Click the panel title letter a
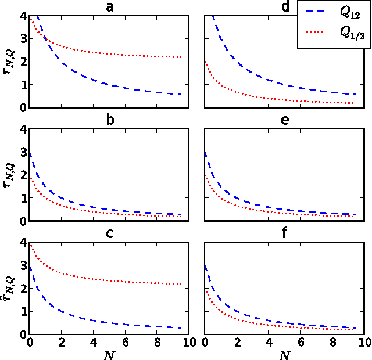pos(109,7)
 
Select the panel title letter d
pos(283,7)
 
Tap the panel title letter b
pos(109,121)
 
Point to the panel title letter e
pos(283,121)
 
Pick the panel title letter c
pos(109,235)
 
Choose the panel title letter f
pos(283,235)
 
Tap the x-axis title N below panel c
pos(109,353)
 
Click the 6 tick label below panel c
pos(125,343)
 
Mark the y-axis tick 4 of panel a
pos(22,16)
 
